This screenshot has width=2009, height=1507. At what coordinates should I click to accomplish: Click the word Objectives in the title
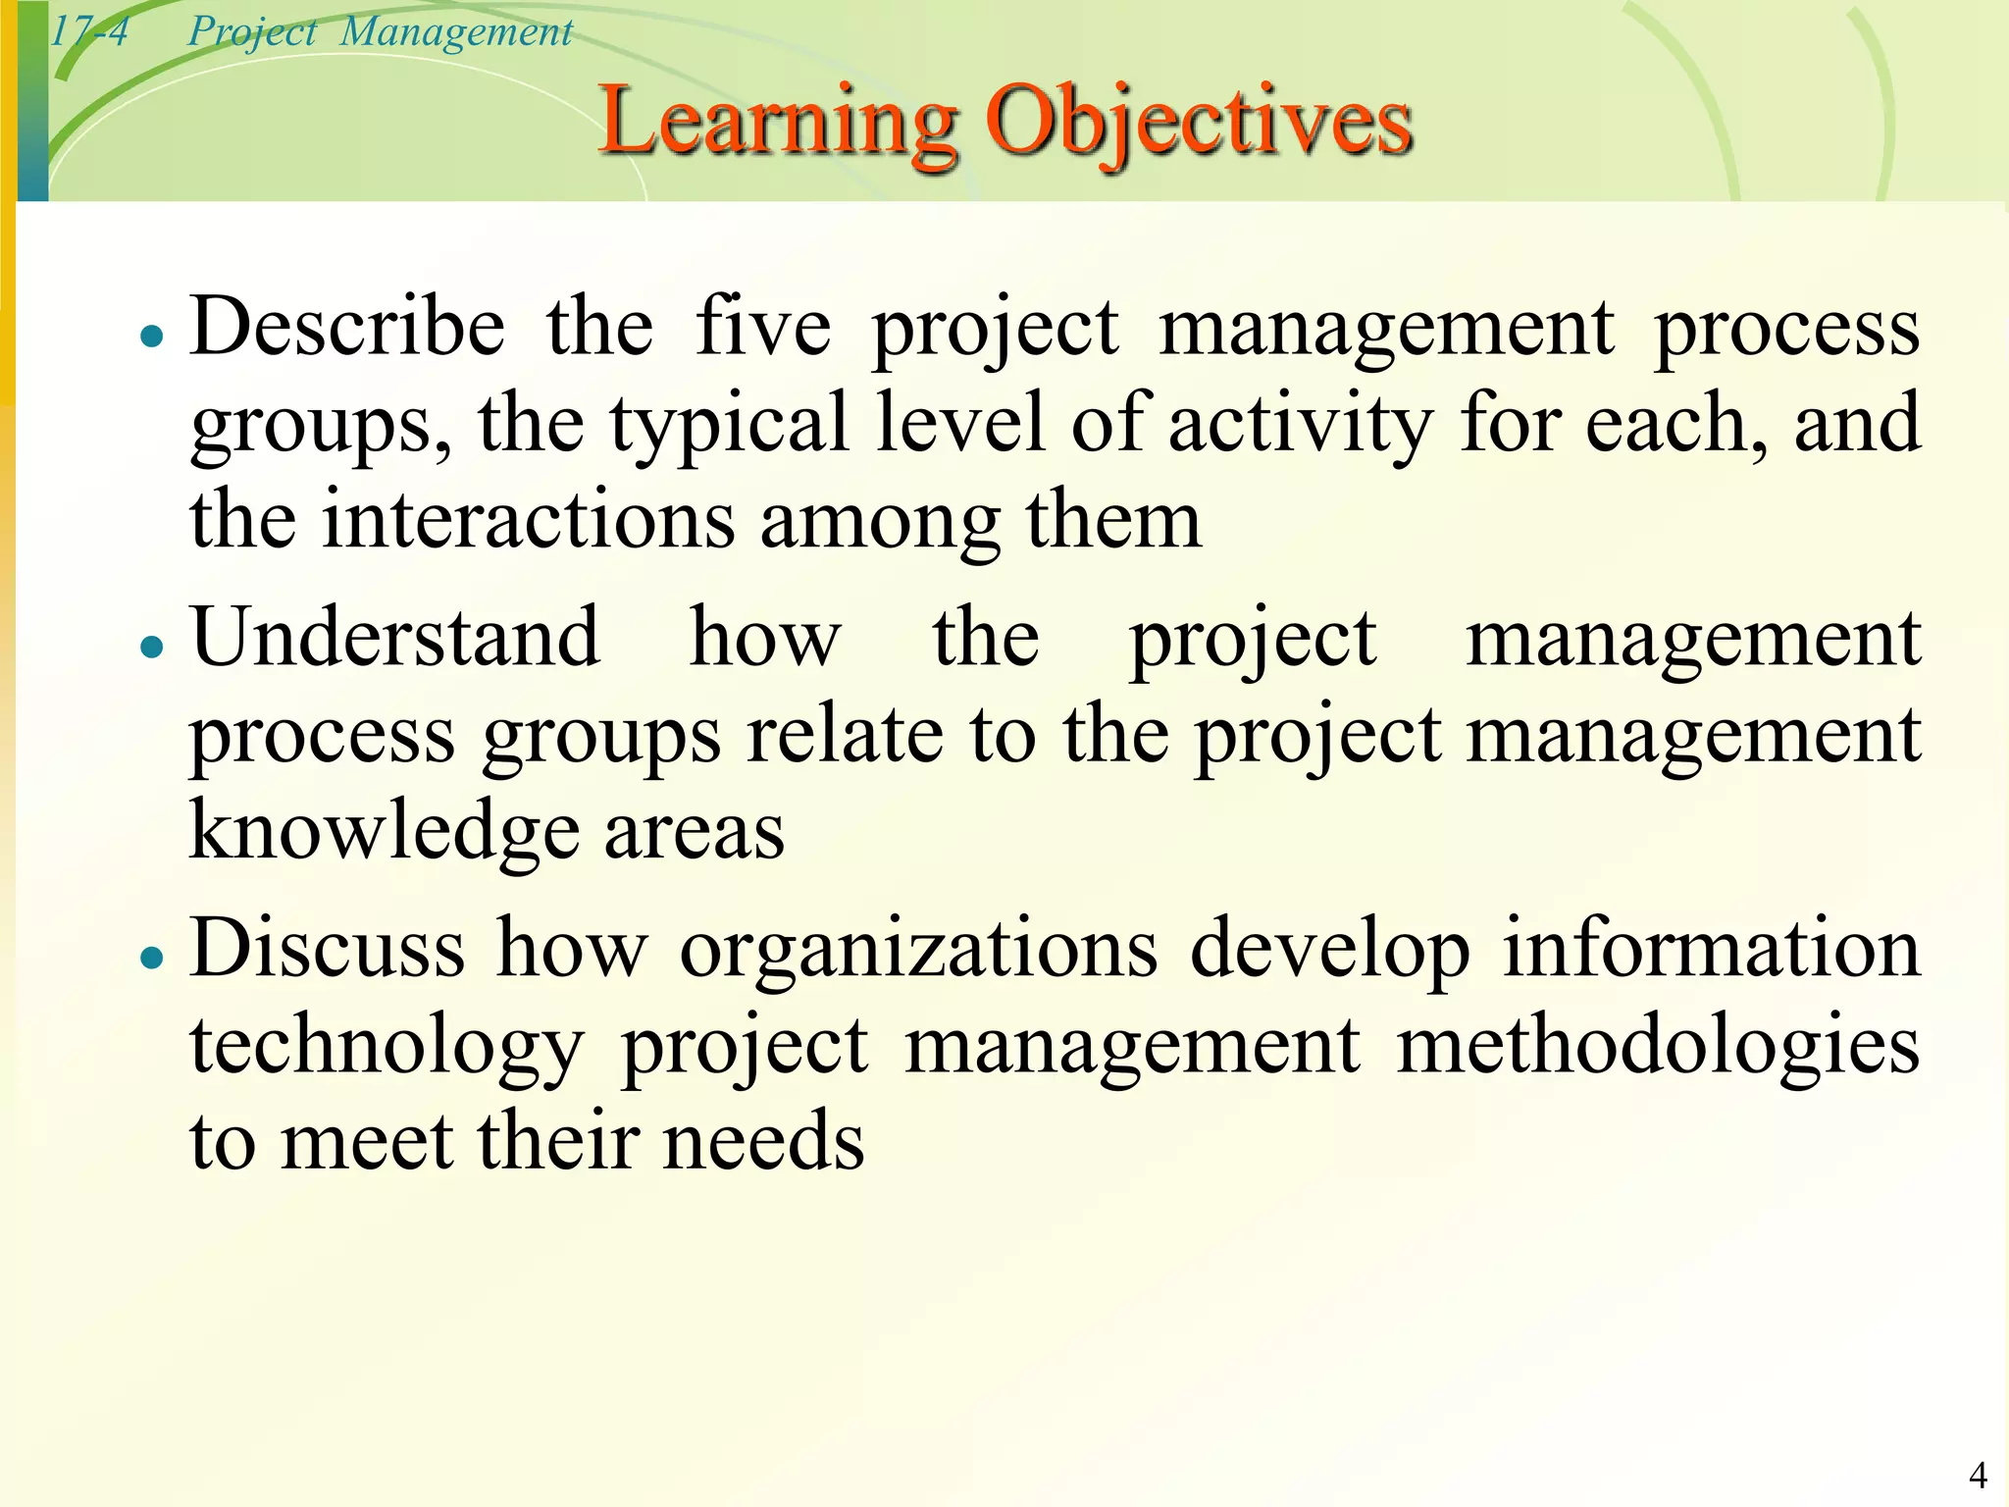click(x=1199, y=122)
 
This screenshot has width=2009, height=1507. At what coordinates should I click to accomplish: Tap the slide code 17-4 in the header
click(x=88, y=31)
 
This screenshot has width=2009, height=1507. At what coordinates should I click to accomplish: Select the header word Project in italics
click(x=252, y=32)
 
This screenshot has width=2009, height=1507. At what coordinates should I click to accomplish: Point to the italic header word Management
click(x=456, y=32)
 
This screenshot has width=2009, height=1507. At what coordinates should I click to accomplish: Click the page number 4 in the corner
click(x=1978, y=1475)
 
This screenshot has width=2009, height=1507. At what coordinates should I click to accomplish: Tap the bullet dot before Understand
click(x=151, y=648)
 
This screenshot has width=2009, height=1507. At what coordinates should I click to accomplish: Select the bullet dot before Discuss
click(x=151, y=958)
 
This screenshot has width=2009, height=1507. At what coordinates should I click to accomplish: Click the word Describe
click(x=348, y=327)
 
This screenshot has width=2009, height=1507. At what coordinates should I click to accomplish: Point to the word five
click(x=763, y=327)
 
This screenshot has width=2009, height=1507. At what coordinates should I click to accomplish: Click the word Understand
click(x=395, y=638)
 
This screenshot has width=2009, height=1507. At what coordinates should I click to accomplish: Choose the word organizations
click(x=919, y=948)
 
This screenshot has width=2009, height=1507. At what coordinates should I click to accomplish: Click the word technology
click(x=387, y=1046)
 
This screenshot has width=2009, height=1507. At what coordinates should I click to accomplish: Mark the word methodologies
click(x=1658, y=1046)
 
